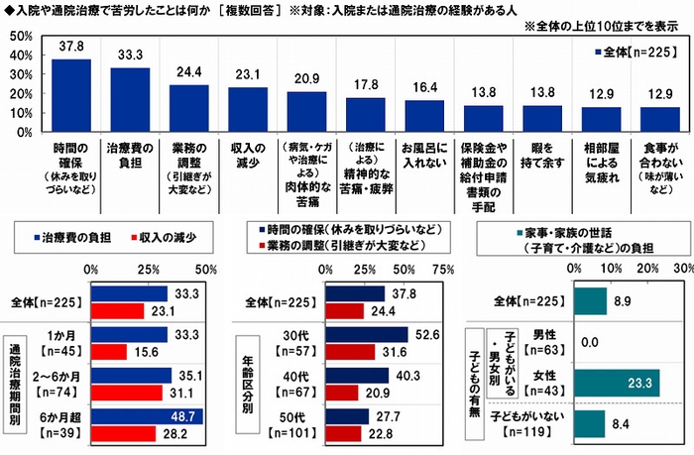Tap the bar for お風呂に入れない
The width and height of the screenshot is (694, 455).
pyautogui.click(x=424, y=116)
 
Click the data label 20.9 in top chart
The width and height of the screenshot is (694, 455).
pyautogui.click(x=306, y=78)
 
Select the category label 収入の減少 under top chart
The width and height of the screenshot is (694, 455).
pyautogui.click(x=247, y=148)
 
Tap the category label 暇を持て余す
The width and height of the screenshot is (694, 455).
pyautogui.click(x=541, y=148)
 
